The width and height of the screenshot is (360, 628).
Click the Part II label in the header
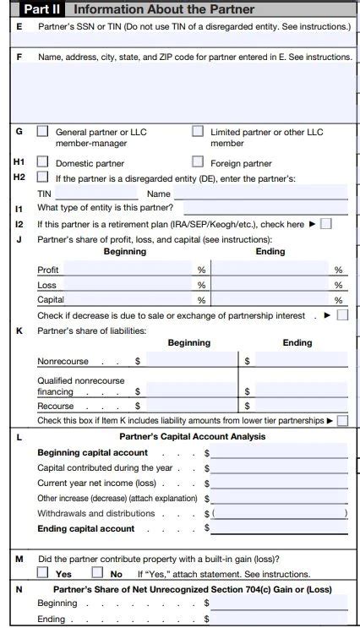click(x=43, y=9)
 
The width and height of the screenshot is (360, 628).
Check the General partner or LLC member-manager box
click(x=42, y=132)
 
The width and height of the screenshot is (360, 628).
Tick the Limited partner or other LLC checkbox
click(x=198, y=132)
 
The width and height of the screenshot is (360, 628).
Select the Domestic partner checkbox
click(x=42, y=162)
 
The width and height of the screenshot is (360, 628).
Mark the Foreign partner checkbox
click(x=198, y=162)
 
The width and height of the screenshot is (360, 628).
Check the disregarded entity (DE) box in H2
click(x=42, y=177)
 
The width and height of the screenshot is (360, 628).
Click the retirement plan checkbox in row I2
click(x=326, y=224)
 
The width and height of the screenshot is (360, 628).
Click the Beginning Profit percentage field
click(x=128, y=270)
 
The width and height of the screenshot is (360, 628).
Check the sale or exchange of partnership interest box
click(x=342, y=315)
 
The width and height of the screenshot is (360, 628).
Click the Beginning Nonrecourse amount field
click(x=188, y=361)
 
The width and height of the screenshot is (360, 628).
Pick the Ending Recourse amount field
click(x=300, y=407)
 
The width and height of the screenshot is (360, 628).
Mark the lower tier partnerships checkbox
click(x=342, y=420)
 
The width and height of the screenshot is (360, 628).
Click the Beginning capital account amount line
click(x=279, y=453)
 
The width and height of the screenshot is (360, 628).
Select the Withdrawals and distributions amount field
click(x=279, y=513)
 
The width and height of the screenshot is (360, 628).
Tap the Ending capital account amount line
click(x=279, y=528)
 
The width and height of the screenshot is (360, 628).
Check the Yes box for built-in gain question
click(x=42, y=573)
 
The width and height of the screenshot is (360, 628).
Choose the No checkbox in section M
click(x=97, y=573)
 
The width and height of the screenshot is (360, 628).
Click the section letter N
click(x=19, y=589)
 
